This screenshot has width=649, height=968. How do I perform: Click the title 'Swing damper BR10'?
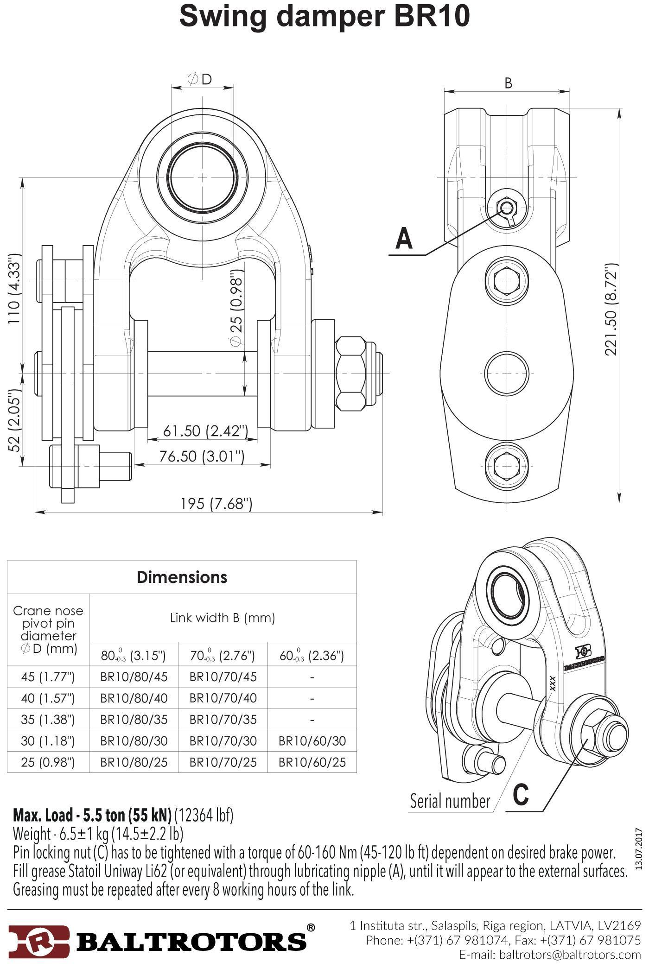tap(324, 17)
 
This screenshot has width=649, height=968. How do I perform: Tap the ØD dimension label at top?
tap(200, 79)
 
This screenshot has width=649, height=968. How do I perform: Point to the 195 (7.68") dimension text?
tap(216, 503)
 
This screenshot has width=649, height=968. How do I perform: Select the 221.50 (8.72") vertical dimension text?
tap(611, 310)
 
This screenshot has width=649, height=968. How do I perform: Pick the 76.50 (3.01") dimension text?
tap(202, 456)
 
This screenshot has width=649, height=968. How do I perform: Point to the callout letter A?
tap(404, 239)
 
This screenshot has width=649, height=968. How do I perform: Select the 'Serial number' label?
tap(450, 801)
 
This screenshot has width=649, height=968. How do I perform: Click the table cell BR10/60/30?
tap(312, 741)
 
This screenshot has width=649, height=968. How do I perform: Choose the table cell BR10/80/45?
tap(134, 677)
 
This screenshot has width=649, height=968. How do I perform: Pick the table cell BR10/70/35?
tap(223, 720)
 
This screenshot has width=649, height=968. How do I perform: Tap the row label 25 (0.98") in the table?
tap(48, 762)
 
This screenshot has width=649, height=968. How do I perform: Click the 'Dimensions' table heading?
tap(182, 577)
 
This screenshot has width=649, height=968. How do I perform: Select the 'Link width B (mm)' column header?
tap(223, 618)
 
